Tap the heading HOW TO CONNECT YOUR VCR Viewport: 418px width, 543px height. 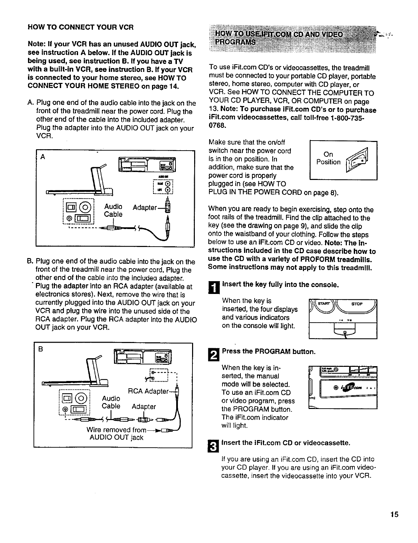tap(80, 27)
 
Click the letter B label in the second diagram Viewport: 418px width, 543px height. tap(40, 349)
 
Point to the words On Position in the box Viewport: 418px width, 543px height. tap(328, 158)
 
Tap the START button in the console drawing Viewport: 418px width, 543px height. tap(322, 304)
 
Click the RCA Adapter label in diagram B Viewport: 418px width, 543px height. tap(148, 391)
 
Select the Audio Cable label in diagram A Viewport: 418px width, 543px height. tap(113, 210)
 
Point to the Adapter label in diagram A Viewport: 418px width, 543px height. tap(145, 208)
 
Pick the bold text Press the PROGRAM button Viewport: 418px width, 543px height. tap(269, 352)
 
